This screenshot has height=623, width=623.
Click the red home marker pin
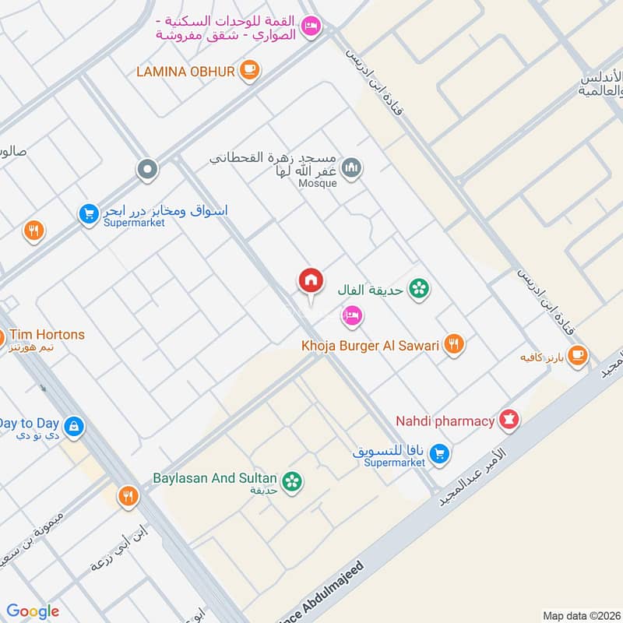pyautogui.click(x=311, y=281)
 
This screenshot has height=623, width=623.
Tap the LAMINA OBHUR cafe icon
pyautogui.click(x=249, y=71)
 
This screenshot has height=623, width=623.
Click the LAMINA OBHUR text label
pyautogui.click(x=185, y=72)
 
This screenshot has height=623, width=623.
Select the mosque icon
pyautogui.click(x=353, y=167)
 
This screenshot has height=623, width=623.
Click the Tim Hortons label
pyautogui.click(x=44, y=335)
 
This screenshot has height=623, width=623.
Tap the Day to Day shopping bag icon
pyautogui.click(x=75, y=426)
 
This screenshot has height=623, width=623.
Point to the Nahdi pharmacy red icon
pyautogui.click(x=510, y=421)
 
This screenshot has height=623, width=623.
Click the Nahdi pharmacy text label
pyautogui.click(x=445, y=421)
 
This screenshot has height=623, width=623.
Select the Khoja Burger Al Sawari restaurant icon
pyautogui.click(x=454, y=344)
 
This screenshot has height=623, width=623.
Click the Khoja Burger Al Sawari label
pyautogui.click(x=371, y=344)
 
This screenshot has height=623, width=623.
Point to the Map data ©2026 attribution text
pyautogui.click(x=580, y=615)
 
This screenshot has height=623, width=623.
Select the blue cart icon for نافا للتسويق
pyautogui.click(x=440, y=452)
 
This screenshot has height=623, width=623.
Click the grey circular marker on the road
pyautogui.click(x=147, y=168)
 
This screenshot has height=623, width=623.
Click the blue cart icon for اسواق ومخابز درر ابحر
pyautogui.click(x=88, y=213)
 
